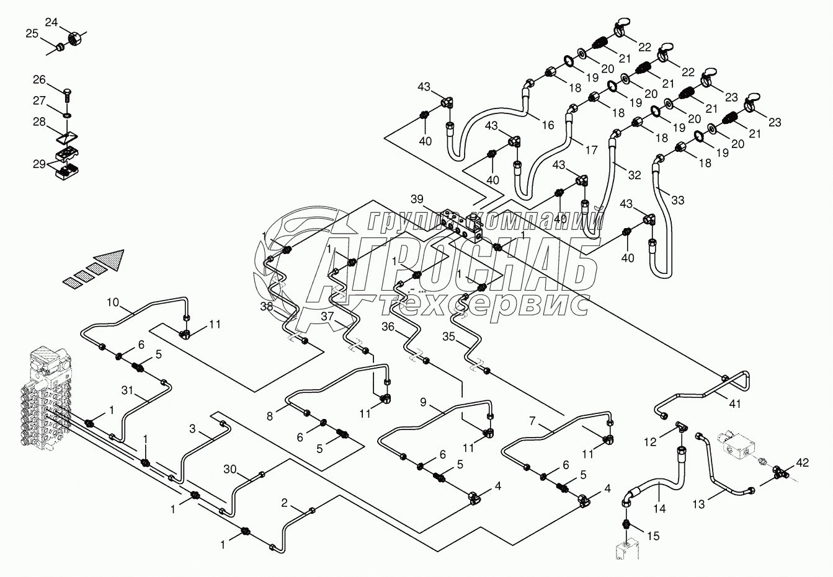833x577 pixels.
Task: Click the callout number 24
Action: coord(51,23)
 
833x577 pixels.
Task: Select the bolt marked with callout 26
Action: coord(68,96)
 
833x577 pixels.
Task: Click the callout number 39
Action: coord(417,199)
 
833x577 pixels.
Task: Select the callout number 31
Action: coord(127,390)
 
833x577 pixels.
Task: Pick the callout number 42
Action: coord(803,462)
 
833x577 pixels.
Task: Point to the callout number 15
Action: coord(653,535)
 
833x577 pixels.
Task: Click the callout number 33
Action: coord(677,200)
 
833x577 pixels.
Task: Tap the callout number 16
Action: coord(548,125)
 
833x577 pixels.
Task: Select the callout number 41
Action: coord(735,404)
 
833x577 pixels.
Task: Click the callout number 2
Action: coord(285,503)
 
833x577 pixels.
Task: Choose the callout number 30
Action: coord(230,470)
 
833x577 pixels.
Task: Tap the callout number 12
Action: coord(651,442)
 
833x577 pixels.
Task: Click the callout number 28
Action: coord(39,121)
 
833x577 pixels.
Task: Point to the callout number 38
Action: coord(267,307)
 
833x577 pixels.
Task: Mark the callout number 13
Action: coord(699,504)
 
